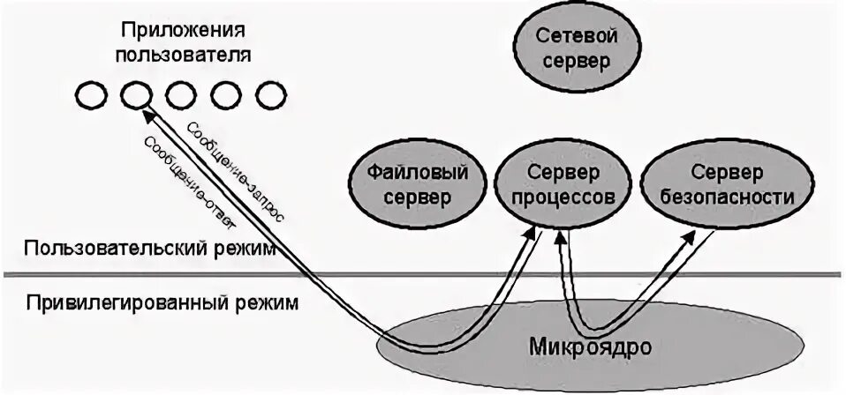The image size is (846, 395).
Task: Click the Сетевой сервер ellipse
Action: pyautogui.click(x=576, y=49)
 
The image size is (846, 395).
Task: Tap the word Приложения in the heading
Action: pyautogui.click(x=185, y=31)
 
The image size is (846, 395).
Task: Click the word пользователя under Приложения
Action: pyautogui.click(x=184, y=55)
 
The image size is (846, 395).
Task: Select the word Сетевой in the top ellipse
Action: pyautogui.click(x=576, y=37)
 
